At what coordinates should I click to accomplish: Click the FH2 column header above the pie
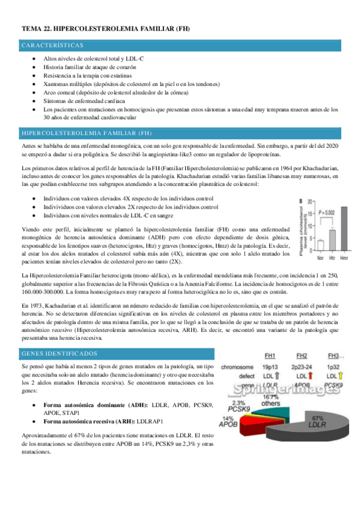tap(302, 355)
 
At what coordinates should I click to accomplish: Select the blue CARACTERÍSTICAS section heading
tap(52, 46)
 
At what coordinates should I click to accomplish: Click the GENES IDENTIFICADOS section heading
tap(58, 354)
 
